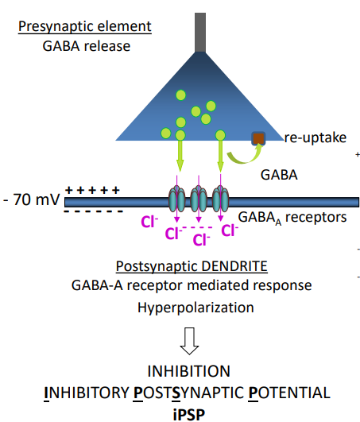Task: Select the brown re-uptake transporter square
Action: pos(258,138)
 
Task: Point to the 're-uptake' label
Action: pos(315,138)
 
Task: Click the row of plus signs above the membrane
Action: pos(92,190)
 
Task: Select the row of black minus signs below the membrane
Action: pos(92,212)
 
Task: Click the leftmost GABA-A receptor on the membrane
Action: pos(177,201)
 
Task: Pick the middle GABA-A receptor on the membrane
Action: pos(199,201)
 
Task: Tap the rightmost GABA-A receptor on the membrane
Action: pos(220,201)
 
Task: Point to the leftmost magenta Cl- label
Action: pos(147,223)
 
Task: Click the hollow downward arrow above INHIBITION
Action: pos(189,340)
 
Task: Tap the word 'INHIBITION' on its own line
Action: pos(188,372)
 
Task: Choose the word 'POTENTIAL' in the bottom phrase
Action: pos(288,392)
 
